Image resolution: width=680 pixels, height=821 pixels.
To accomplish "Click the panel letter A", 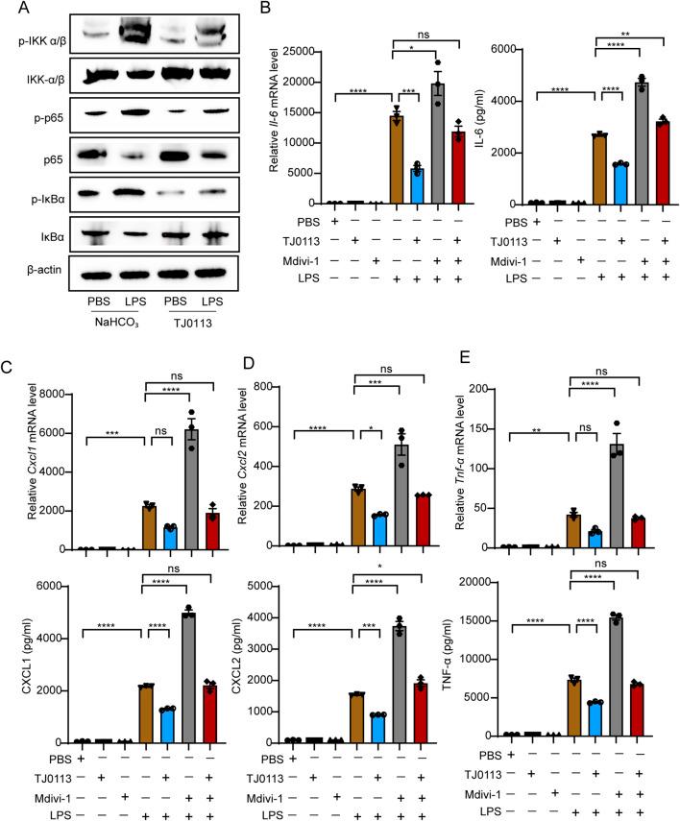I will pyautogui.click(x=13, y=12).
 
